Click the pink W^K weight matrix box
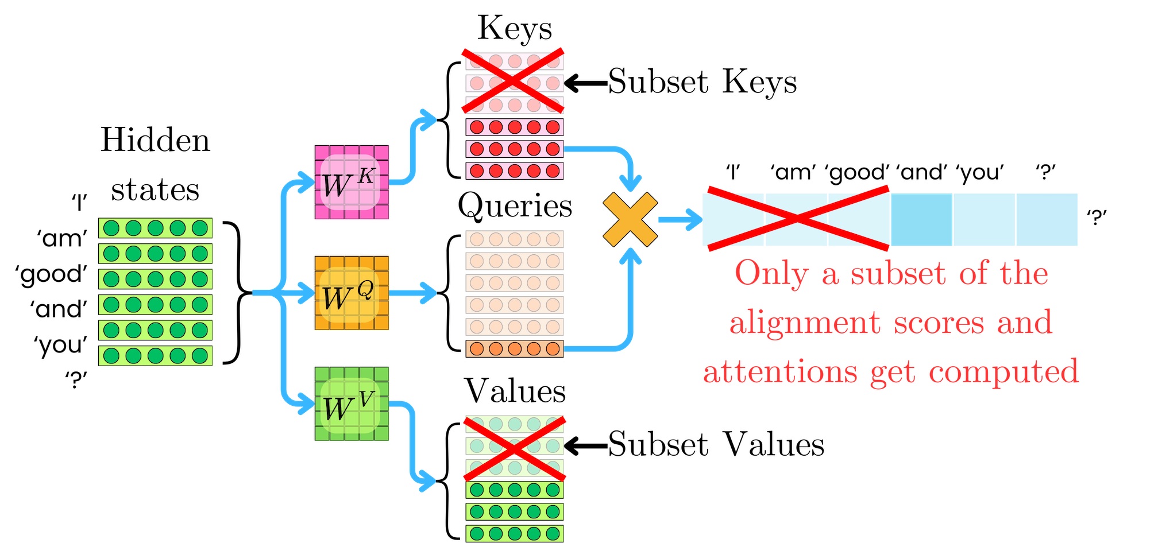tap(352, 183)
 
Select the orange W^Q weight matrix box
tap(352, 293)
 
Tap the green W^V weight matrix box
tap(352, 404)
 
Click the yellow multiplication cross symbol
tap(630, 220)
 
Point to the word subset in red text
tap(898, 274)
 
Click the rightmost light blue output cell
tap(1047, 220)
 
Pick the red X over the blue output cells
tap(797, 219)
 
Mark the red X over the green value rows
tap(515, 449)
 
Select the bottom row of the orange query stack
tap(515, 348)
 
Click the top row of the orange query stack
tap(515, 239)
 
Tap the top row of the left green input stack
tap(156, 228)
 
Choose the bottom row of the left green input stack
tap(156, 356)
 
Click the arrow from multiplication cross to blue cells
tap(680, 220)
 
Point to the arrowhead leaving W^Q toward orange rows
tap(428, 293)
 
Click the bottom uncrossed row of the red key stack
tap(515, 171)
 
